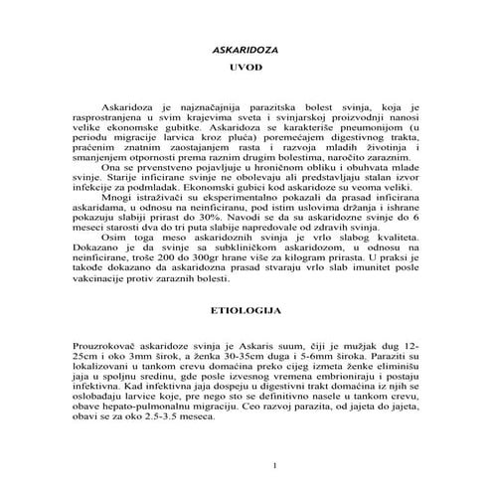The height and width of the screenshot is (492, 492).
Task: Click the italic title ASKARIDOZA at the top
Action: click(246, 50)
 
